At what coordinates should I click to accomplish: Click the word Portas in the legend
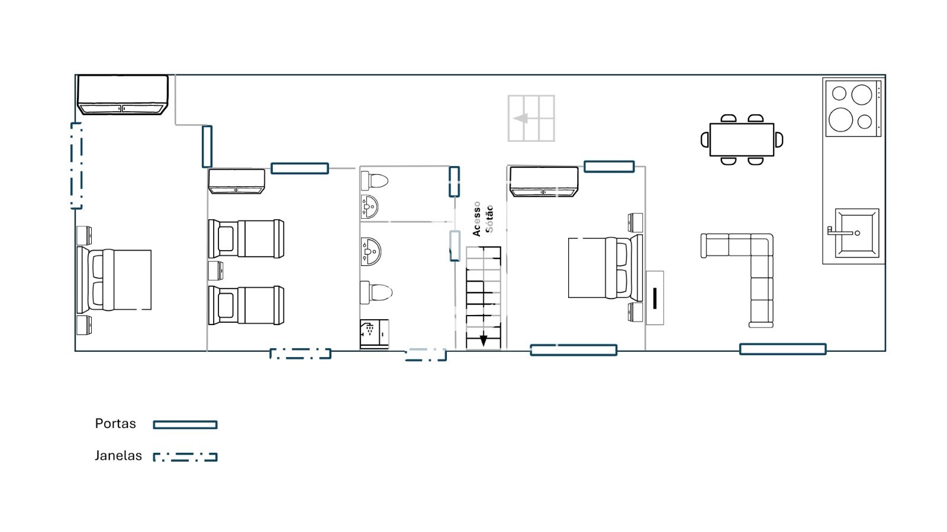coord(115,423)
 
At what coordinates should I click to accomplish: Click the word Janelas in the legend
coord(118,456)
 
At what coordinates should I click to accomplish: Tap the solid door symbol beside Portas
coord(185,425)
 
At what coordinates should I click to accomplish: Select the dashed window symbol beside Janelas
coord(185,457)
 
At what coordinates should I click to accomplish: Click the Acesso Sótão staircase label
coord(483,219)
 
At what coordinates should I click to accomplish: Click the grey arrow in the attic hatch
coord(521,118)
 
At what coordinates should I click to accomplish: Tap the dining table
coord(742,140)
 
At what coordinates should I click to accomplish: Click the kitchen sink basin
coord(857,233)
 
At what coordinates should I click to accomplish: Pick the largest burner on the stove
coord(840,119)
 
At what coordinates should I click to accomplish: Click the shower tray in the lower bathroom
coord(374,334)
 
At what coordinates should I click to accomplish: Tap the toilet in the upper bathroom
coord(375,181)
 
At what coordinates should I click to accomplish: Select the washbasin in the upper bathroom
coord(369,206)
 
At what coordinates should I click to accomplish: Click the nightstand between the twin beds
coord(215,271)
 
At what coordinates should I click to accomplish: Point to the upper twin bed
coord(246,239)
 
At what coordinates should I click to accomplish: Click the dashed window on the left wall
coord(76,166)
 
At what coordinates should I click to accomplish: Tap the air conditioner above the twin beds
coord(237,181)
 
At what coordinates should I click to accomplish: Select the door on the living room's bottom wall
coord(782,349)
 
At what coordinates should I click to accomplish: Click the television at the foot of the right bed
coord(655,298)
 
